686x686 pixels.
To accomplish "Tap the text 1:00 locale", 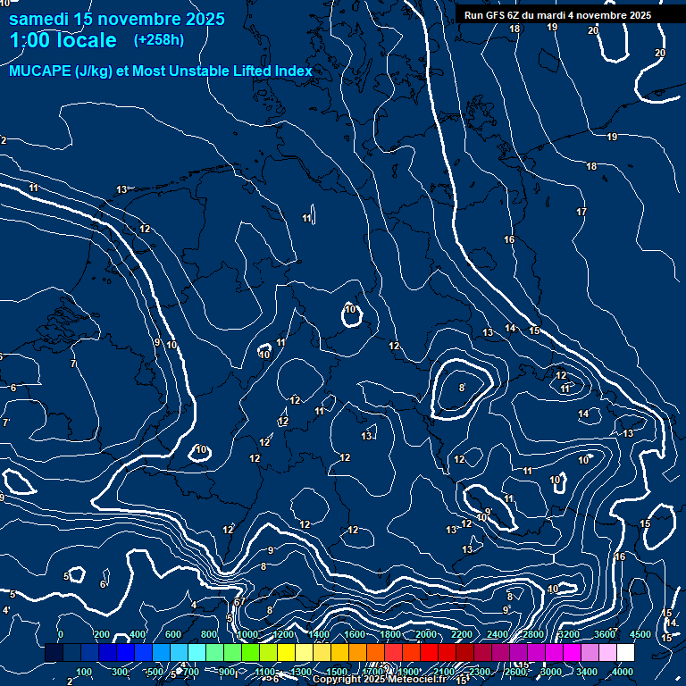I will (x=63, y=40).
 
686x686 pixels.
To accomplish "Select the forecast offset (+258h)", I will (x=158, y=40).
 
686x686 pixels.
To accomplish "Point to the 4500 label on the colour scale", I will (x=640, y=634).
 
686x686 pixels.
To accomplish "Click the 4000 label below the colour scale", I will (x=623, y=672).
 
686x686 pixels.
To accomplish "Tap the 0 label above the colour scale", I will (x=61, y=634).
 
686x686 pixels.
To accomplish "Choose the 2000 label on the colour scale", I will (x=426, y=634).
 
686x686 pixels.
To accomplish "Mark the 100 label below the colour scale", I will (x=84, y=672).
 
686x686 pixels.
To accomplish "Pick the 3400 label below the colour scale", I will (x=588, y=672).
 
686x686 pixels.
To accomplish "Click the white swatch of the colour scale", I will (x=625, y=653).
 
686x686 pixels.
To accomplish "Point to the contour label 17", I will (x=581, y=212).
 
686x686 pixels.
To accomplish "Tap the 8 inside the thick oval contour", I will (x=462, y=388).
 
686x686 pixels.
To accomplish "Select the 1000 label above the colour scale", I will (x=247, y=634).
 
